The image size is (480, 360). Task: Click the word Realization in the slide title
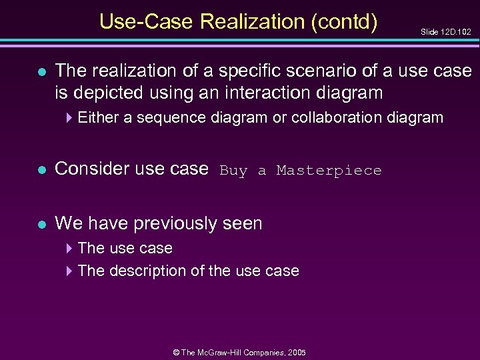251,22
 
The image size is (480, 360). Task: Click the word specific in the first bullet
254,70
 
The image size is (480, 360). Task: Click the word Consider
91,169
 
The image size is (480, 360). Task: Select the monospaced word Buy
233,171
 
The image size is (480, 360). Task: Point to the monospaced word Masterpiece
329,171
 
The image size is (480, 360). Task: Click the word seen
244,223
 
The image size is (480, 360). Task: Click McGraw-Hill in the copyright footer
222,352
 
